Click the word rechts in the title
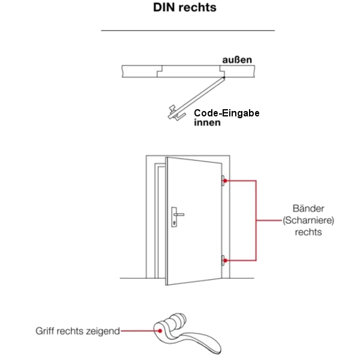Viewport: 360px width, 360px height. (x=197, y=9)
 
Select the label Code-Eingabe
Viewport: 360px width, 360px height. (x=226, y=113)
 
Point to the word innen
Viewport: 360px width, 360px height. (x=206, y=123)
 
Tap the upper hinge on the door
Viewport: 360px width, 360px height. (x=223, y=179)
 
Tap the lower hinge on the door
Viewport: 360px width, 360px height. (x=223, y=260)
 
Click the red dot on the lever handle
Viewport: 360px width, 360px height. (x=160, y=329)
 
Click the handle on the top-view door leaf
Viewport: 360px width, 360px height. (x=173, y=112)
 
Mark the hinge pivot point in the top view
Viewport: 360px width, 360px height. (x=223, y=77)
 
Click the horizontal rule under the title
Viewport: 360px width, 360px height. (x=187, y=30)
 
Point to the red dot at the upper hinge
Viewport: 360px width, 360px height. (x=225, y=179)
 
